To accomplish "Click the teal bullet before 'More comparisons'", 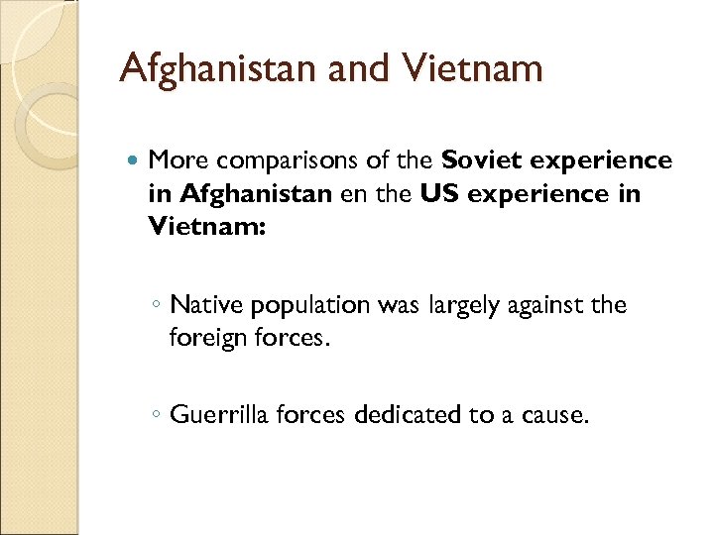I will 134,160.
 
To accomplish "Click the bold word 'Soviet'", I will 481,160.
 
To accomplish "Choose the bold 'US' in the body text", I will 439,194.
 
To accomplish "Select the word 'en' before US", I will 353,194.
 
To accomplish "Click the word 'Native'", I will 205,305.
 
